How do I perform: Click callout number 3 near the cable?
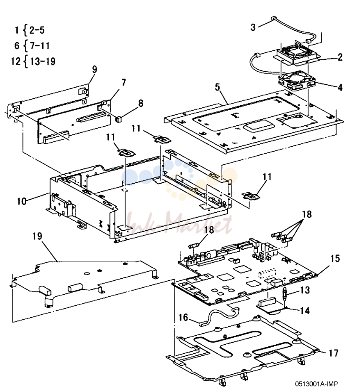(253, 27)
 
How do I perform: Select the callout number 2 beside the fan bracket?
(340, 57)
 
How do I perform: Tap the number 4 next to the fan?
(340, 87)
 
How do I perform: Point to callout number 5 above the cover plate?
(217, 87)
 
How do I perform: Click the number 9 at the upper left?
(94, 69)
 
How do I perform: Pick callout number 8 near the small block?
(141, 103)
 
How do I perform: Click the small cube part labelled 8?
(118, 119)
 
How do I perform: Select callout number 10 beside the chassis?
(22, 201)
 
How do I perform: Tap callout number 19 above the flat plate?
(38, 236)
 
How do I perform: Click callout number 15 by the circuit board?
(335, 258)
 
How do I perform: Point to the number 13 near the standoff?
(305, 290)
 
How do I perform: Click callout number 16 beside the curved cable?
(183, 317)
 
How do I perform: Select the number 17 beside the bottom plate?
(333, 353)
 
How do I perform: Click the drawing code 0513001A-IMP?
(317, 384)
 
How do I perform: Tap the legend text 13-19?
(43, 61)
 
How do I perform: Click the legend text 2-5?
(37, 30)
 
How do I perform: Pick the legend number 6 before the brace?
(17, 45)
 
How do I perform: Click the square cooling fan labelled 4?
(297, 81)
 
